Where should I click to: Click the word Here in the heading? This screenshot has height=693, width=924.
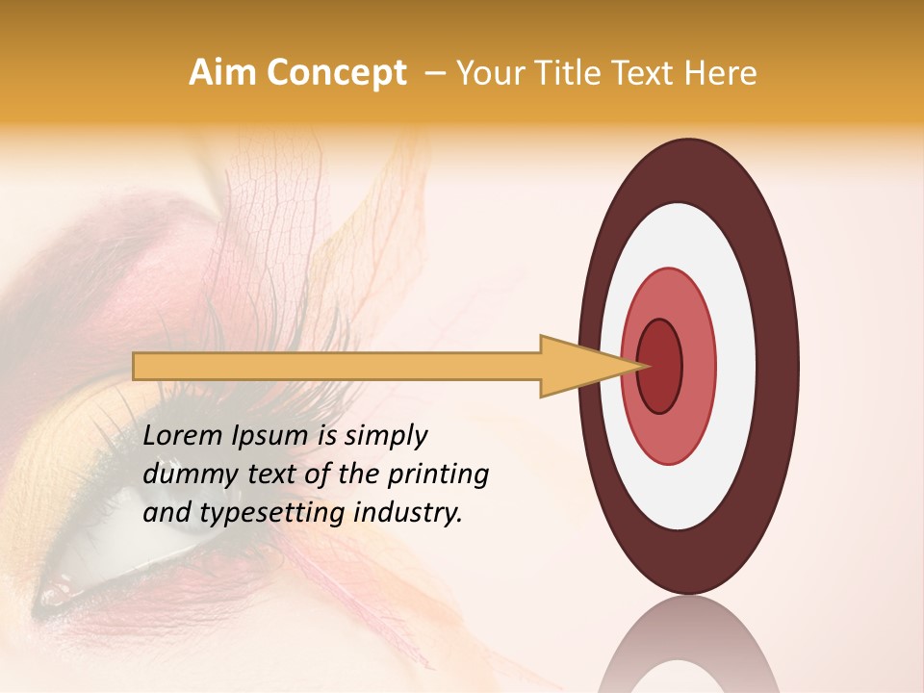tap(719, 73)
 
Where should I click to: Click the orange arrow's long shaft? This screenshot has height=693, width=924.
tap(337, 366)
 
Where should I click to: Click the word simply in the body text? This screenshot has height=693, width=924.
tap(386, 437)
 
